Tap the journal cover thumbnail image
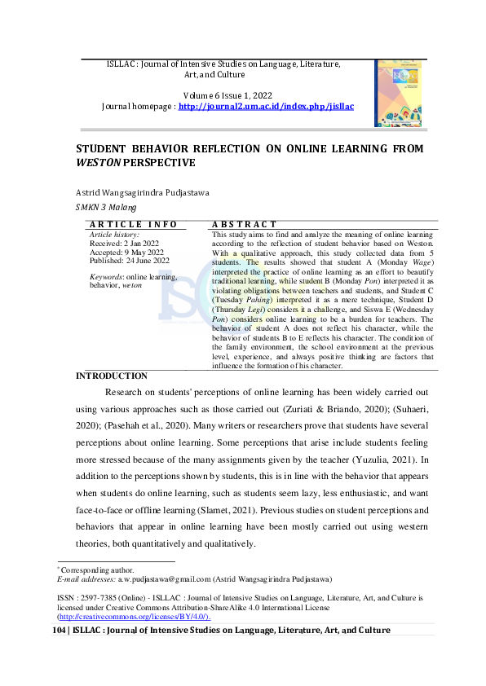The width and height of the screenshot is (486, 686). coord(398,93)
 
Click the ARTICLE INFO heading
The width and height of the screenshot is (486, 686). coord(133,224)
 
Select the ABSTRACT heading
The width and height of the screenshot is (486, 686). coord(245,224)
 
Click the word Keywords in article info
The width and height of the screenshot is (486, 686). coord(106,278)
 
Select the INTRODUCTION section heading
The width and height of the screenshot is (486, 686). coord(112,376)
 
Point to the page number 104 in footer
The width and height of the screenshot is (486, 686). coord(60,631)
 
